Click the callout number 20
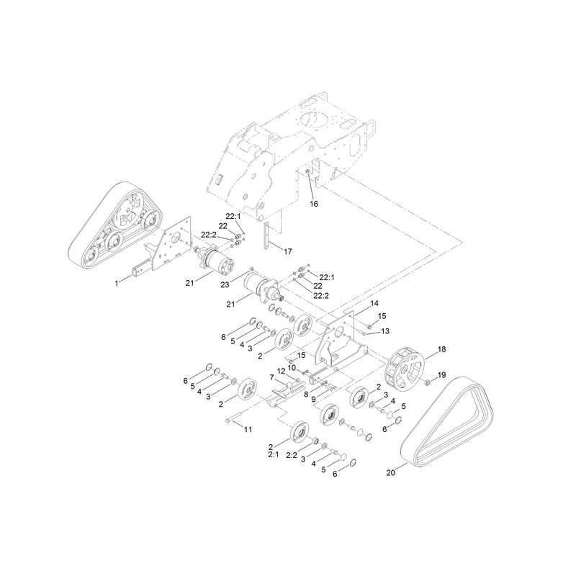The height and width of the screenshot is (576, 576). tap(390, 472)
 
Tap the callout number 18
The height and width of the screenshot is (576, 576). tap(441, 349)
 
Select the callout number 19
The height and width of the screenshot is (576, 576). tap(441, 374)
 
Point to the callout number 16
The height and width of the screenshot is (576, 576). tap(314, 204)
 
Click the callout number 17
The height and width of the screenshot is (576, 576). tap(287, 251)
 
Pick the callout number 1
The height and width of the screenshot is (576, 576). tap(117, 284)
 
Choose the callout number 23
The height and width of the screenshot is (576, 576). tap(225, 284)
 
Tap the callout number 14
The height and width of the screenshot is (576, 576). tap(374, 303)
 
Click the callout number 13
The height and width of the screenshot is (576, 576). tap(385, 331)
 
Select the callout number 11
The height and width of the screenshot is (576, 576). tap(248, 429)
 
